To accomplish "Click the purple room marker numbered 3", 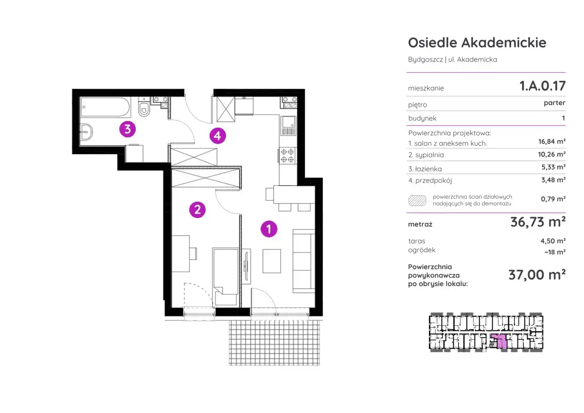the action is click(127, 129).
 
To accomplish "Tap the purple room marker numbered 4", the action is click(218, 136).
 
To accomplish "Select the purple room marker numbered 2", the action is click(198, 210).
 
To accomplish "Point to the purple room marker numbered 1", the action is click(269, 229).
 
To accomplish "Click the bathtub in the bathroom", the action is click(105, 107).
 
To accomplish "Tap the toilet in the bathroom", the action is click(144, 106).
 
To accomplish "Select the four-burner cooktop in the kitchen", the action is click(287, 155).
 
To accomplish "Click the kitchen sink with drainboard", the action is click(289, 126).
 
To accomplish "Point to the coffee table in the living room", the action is click(271, 261).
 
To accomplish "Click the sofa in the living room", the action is click(304, 261).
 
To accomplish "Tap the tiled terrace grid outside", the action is click(274, 343).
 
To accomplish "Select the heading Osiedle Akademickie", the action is click(477, 42).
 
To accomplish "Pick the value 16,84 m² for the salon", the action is click(552, 142).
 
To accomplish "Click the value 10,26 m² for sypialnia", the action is click(552, 154).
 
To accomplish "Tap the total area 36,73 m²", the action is click(538, 222).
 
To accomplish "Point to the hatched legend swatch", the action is click(417, 201).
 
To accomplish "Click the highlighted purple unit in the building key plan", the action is click(499, 341).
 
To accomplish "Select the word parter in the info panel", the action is click(554, 103).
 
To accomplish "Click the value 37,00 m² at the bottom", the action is click(537, 275).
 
